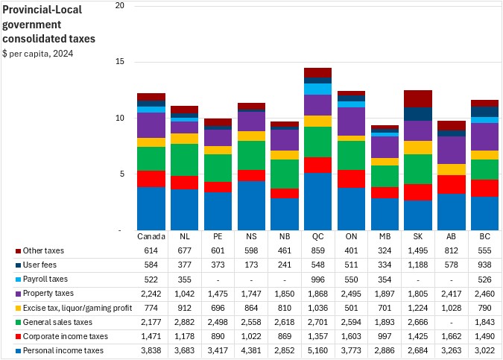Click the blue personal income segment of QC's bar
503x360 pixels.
tap(317, 201)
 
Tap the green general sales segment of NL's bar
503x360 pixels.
tap(184, 160)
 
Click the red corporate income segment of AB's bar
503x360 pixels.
tap(451, 184)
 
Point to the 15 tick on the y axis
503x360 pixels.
tap(120, 62)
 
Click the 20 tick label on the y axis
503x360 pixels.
tap(120, 6)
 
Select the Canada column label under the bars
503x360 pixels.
tap(151, 237)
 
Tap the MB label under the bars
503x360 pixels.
tap(385, 237)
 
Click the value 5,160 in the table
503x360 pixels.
tap(317, 350)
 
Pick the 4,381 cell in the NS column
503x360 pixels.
tap(251, 350)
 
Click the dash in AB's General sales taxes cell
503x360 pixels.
tap(451, 322)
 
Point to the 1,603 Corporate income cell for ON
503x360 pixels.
tap(351, 336)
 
